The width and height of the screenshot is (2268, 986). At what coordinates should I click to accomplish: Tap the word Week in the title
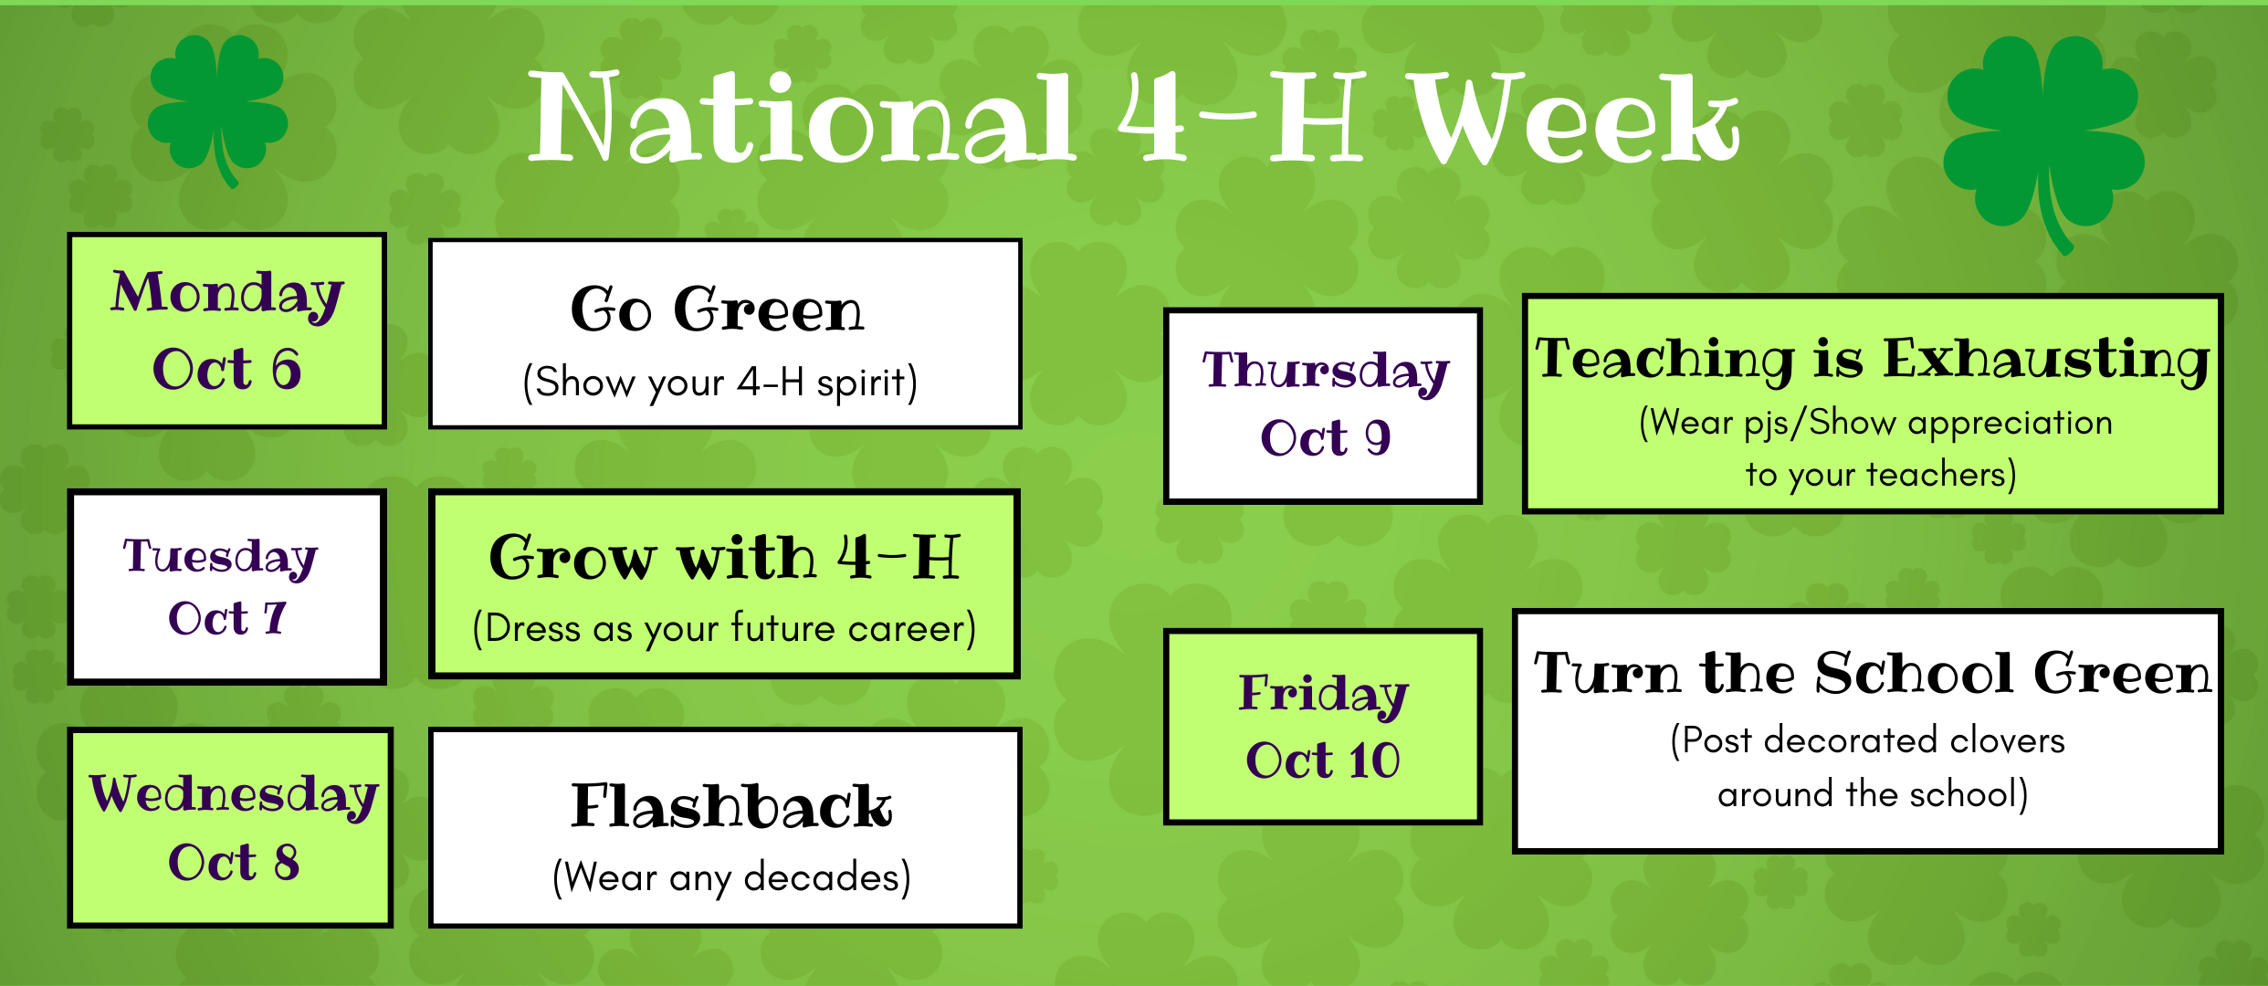1574,119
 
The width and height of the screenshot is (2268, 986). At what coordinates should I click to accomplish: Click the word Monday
227,295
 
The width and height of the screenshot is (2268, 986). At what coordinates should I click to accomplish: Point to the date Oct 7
227,618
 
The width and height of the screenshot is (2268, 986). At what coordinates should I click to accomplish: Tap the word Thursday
1325,372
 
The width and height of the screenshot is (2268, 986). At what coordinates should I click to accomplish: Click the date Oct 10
1323,760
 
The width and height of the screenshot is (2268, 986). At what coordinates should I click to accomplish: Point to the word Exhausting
2046,359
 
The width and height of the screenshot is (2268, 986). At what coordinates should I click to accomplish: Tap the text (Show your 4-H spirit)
720,383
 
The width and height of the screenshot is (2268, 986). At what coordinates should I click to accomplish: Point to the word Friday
1323,694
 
